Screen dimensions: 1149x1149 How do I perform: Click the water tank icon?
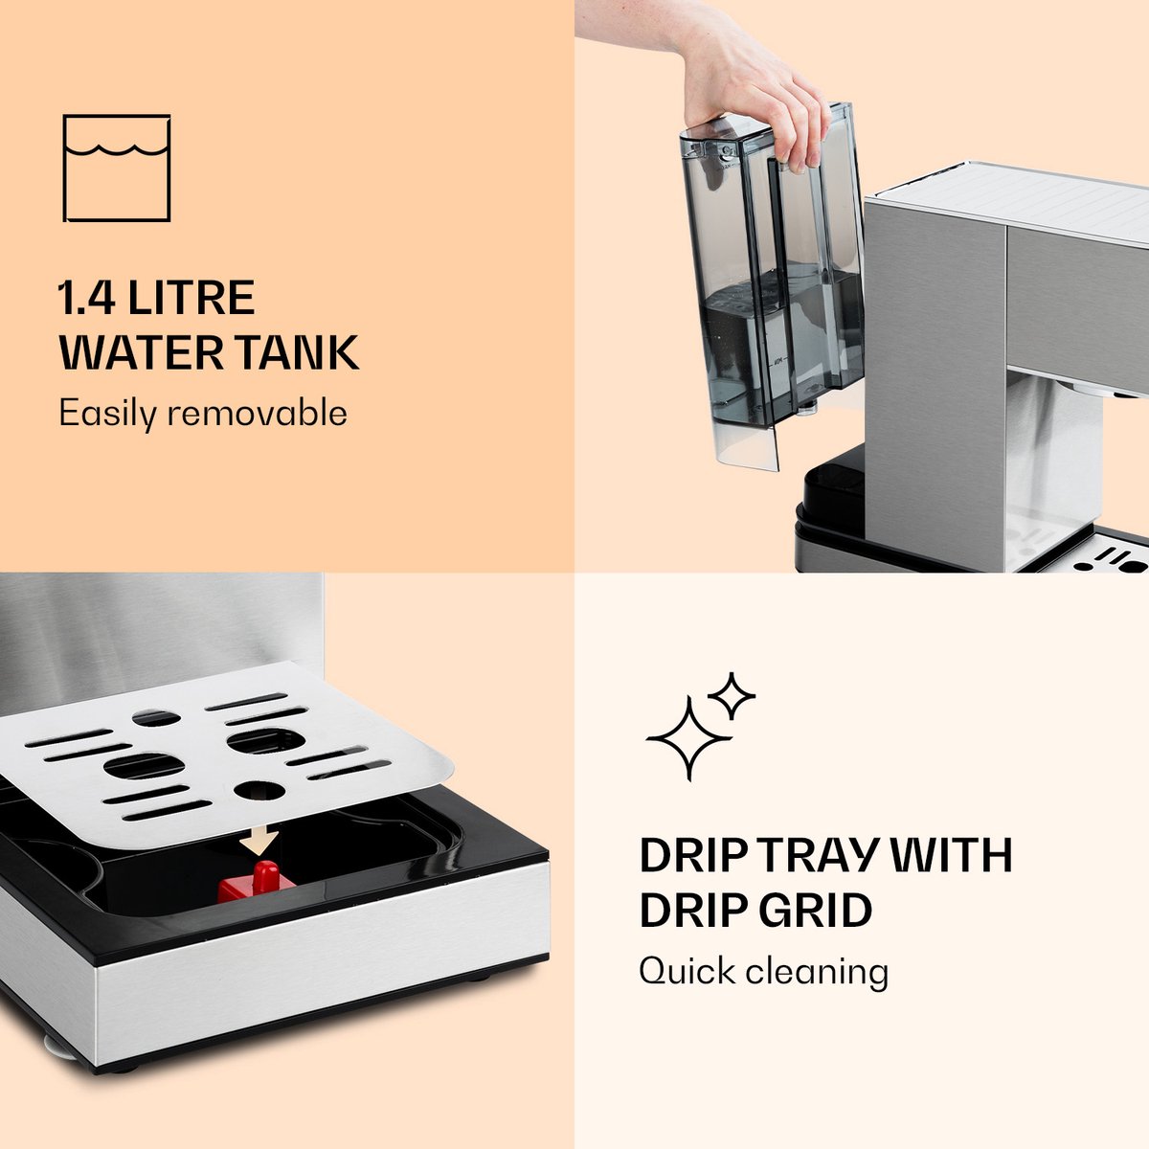117,169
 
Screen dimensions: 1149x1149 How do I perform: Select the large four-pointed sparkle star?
689,739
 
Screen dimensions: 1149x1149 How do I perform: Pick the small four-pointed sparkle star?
732,696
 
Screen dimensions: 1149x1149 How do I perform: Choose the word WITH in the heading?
946,856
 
